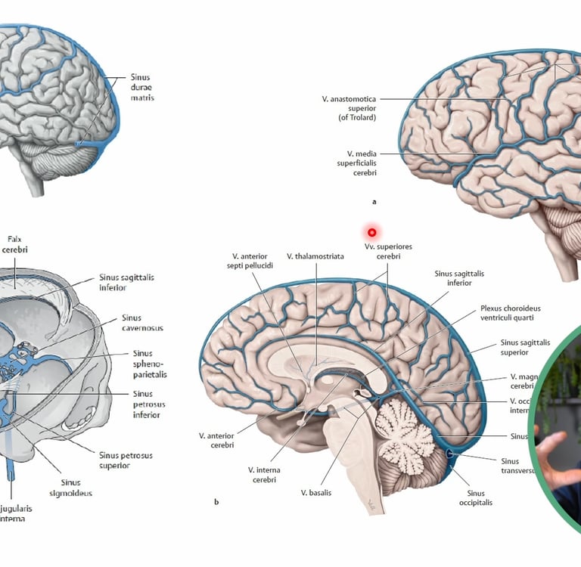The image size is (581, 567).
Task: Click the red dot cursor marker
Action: [372, 232]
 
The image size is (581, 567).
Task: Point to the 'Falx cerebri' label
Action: [16, 243]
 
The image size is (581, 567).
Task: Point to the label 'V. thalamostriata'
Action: [315, 256]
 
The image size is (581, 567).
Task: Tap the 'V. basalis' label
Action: [315, 493]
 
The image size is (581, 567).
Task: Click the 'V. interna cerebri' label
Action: [264, 474]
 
